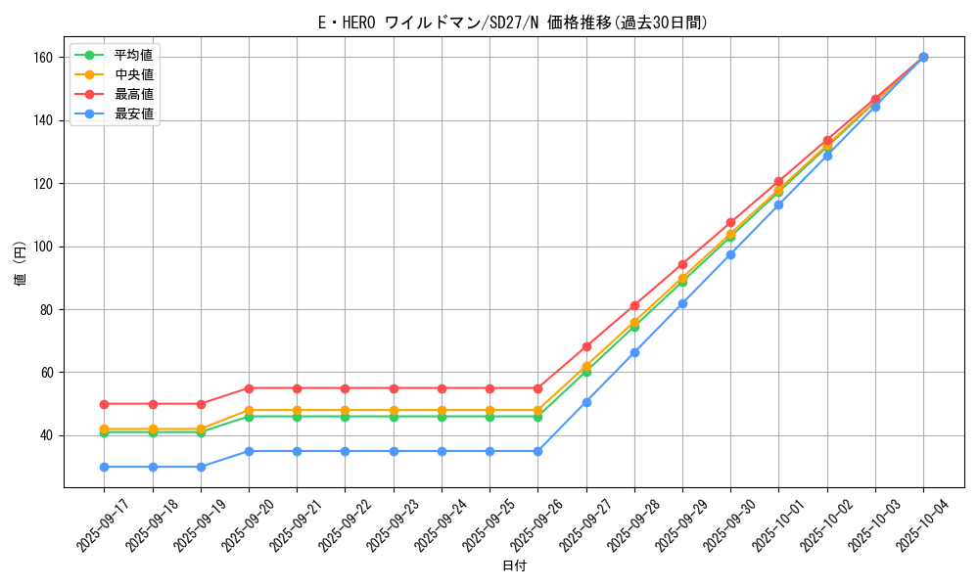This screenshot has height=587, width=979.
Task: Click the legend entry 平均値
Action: coord(133,55)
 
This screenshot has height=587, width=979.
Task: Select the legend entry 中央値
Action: coord(133,74)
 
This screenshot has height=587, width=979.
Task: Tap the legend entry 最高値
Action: coord(133,94)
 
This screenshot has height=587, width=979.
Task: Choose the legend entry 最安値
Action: coord(133,113)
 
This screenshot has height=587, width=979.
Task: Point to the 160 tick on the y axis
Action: coord(44,58)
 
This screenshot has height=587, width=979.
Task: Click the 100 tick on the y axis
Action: coord(44,247)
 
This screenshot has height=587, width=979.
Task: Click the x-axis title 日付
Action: coord(514,566)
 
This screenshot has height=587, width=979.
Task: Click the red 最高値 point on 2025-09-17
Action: coord(105,404)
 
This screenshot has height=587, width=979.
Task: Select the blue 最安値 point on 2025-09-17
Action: coord(105,467)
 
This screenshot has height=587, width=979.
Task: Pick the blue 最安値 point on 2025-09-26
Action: coord(537,451)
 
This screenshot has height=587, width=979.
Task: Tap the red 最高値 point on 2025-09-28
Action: coord(634,305)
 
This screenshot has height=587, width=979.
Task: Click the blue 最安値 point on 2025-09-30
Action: coord(730,254)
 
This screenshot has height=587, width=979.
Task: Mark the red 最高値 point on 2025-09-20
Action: coord(249,388)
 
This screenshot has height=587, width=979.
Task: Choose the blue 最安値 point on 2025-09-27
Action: coord(586,402)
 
